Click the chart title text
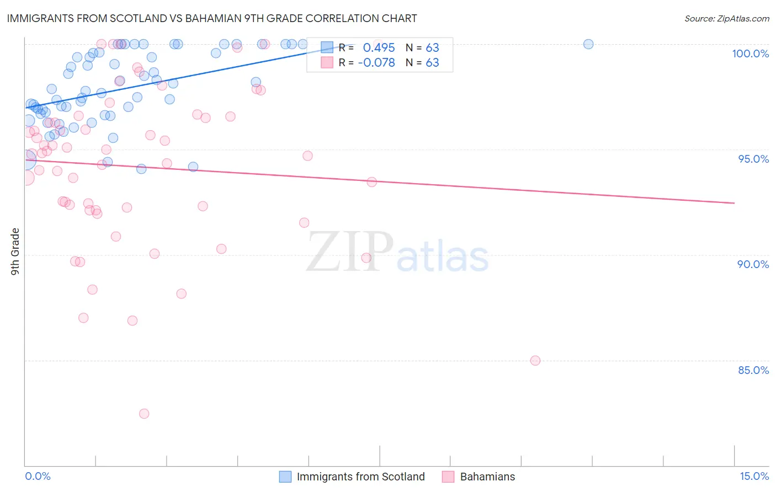coord(212,18)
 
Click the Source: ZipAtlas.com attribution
coord(726,19)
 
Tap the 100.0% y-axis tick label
coord(750,54)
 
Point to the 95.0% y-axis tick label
coord(753,159)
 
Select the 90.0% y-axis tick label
coord(753,264)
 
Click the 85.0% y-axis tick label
coord(753,370)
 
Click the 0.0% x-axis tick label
coord(38,476)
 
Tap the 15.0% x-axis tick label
coord(754,476)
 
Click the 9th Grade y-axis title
coord(15,252)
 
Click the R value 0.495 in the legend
coord(379,47)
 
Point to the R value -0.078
coord(376,63)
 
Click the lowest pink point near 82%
coord(144,414)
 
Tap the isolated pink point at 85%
coord(535,361)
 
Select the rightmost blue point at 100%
coord(588,44)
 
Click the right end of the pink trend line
coord(734,203)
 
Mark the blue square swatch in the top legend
coord(327,47)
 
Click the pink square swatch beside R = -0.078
coord(327,63)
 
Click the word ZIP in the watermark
coord(349,252)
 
